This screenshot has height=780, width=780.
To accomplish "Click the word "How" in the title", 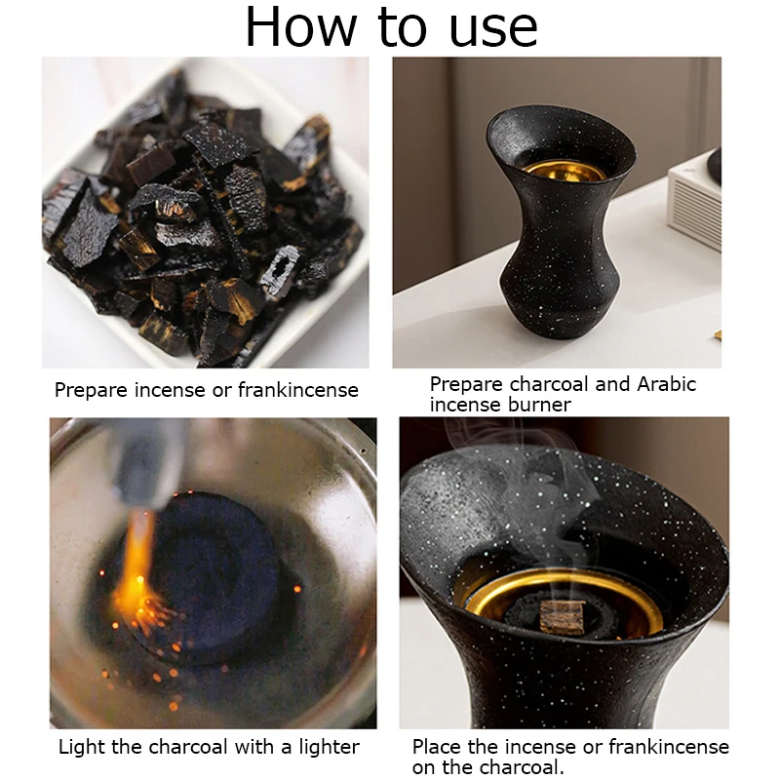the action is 301,26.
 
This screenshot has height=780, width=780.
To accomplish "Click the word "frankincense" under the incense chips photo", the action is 298,389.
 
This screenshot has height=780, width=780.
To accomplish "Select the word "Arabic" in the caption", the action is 667,384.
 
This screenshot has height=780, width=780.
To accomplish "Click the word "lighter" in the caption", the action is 329,747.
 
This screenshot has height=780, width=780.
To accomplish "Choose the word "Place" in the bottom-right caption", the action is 437,747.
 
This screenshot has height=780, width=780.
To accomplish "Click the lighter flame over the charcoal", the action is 136,572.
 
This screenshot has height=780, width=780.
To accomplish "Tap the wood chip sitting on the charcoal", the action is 563,617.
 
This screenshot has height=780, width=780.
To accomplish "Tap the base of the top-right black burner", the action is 560,324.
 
